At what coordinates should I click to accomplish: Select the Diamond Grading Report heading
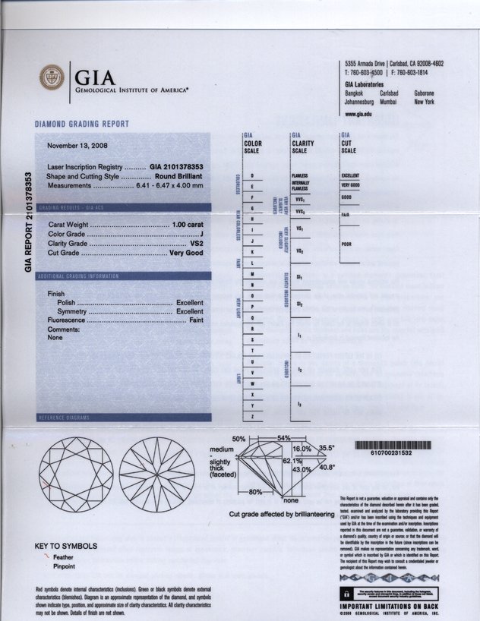(x=82, y=124)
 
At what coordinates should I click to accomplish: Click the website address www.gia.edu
(x=358, y=113)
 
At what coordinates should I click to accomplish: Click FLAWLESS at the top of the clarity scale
(x=300, y=175)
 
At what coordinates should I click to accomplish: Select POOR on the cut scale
(x=347, y=244)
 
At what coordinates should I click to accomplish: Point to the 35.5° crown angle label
(x=327, y=449)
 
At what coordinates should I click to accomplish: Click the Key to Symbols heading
(x=66, y=546)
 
